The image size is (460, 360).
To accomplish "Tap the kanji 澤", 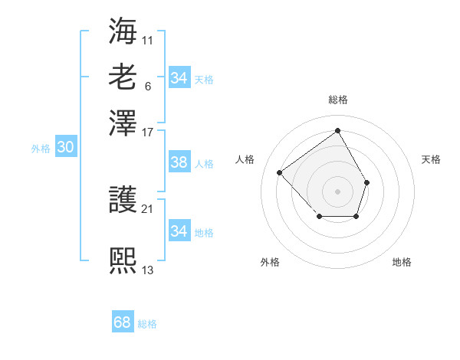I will click(123, 123).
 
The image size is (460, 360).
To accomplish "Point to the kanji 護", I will click(123, 201).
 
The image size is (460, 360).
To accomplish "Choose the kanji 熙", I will click(123, 261).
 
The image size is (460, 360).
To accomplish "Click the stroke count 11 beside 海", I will click(148, 38).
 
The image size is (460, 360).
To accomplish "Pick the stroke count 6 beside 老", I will click(147, 86).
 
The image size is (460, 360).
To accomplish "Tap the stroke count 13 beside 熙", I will click(148, 270).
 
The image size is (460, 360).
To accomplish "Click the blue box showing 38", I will click(179, 162).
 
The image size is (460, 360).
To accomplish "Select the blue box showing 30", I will click(65, 148).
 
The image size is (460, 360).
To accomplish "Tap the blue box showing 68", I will click(123, 322).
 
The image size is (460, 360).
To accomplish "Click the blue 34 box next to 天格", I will click(179, 78).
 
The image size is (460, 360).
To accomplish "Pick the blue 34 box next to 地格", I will click(179, 231).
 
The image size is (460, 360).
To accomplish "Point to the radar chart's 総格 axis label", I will click(337, 100).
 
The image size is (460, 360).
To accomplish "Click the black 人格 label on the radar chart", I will click(245, 159).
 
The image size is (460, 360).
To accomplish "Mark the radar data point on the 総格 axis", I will click(337, 130).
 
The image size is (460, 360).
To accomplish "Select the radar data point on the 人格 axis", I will click(280, 172).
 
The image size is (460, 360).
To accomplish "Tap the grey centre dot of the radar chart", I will click(337, 191).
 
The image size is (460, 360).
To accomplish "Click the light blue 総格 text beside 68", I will click(147, 324).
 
